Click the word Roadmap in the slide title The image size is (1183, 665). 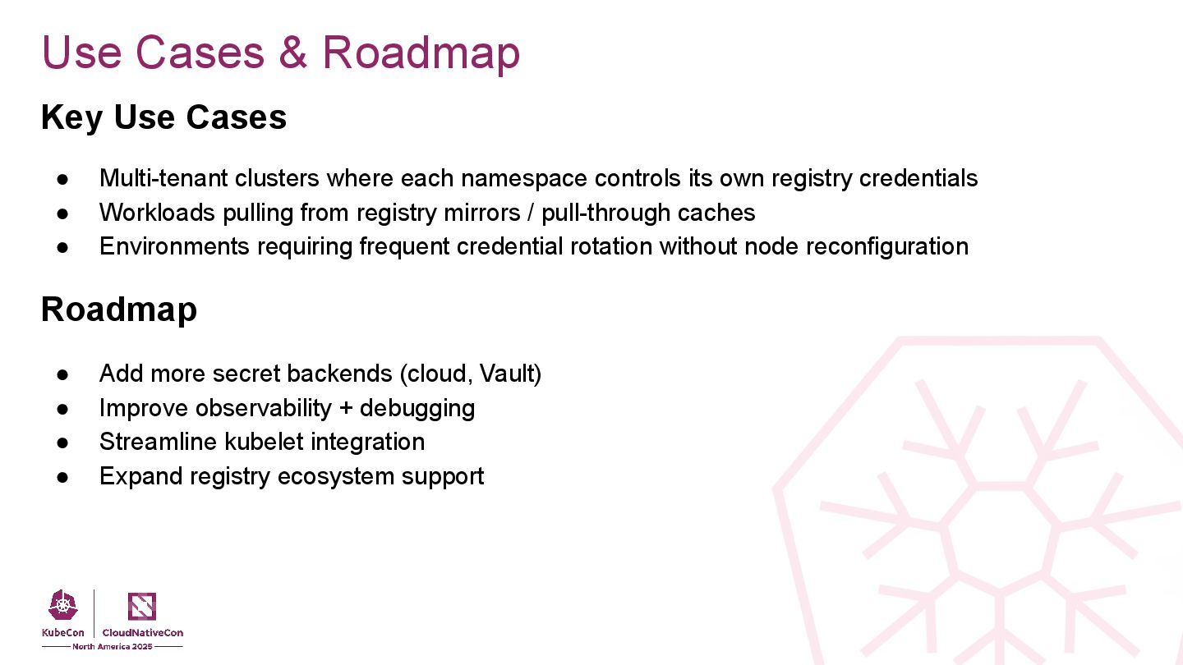click(421, 53)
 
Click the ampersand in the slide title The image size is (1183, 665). click(292, 53)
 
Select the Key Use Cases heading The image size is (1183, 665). click(163, 117)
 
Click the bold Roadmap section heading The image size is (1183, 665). click(119, 310)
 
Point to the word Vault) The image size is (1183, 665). click(510, 374)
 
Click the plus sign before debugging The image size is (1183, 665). click(346, 408)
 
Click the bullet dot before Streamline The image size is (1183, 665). click(62, 443)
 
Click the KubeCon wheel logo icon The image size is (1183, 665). click(63, 606)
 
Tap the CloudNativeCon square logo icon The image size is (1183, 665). click(142, 606)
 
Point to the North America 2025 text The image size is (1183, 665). click(112, 647)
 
